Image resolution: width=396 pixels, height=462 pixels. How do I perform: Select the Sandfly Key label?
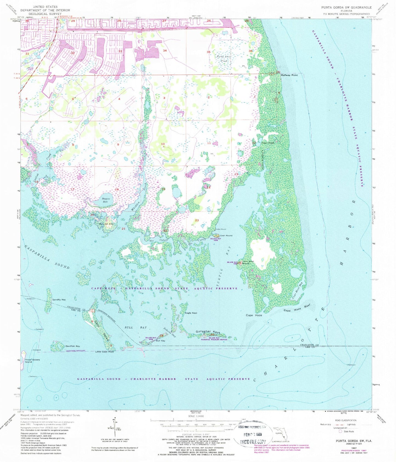59,300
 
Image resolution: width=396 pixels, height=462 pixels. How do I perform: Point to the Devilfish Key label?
73,346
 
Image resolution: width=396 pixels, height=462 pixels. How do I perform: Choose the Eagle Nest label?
191,313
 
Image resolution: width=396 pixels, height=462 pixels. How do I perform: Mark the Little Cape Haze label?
104,351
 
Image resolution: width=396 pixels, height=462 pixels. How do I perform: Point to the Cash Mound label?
226,236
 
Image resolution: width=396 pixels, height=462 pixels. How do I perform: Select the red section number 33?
120,51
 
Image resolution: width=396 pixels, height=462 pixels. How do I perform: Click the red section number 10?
163,144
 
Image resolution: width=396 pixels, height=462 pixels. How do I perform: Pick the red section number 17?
72,189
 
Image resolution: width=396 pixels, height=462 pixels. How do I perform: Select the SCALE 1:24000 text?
196,416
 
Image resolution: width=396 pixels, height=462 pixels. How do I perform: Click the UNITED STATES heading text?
45,7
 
